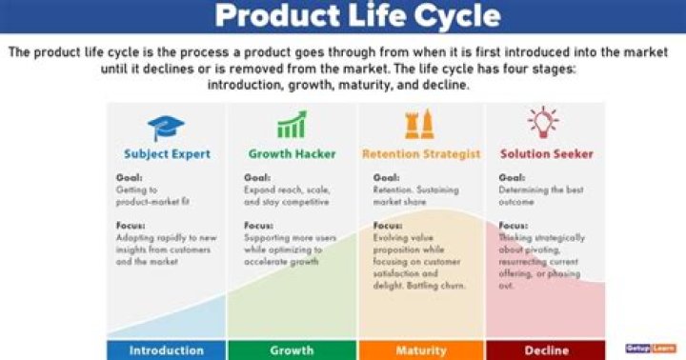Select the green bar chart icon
point(291,125)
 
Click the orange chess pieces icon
point(420,125)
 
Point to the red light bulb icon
point(543,123)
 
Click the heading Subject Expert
point(167,154)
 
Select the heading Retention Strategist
point(421,154)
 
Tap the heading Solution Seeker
point(546,154)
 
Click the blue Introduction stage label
point(166,350)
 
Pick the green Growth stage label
point(292,350)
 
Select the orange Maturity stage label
point(421,350)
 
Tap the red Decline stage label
point(548,350)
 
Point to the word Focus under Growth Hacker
point(258,226)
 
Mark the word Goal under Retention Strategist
point(386,177)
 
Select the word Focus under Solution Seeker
point(514,226)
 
